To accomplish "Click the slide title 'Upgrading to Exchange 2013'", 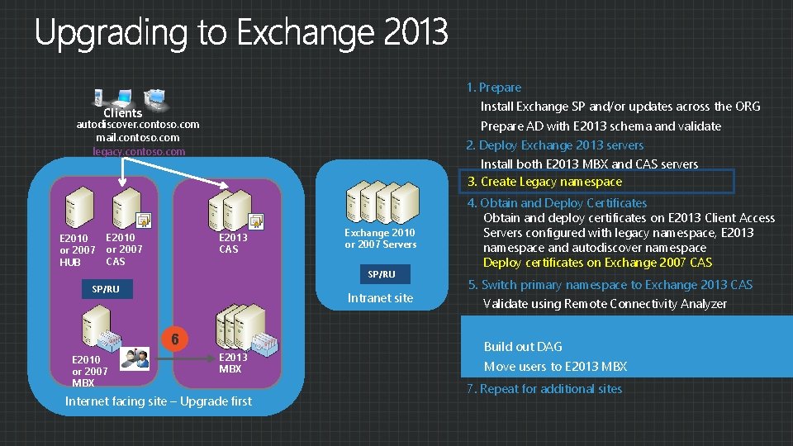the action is coord(241,33).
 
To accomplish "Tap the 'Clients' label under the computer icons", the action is coord(123,112).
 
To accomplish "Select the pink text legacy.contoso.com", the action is coord(139,151).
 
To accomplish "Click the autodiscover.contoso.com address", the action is coord(138,124).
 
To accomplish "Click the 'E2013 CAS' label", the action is coord(233,243).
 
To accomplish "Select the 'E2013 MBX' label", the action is coord(233,363).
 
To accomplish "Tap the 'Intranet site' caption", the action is coord(380,297).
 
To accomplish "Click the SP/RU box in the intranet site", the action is coord(381,273).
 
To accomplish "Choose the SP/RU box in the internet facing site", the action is coord(106,289).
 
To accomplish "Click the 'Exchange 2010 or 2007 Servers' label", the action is coord(380,239).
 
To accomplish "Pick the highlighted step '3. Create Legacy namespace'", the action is coord(545,182).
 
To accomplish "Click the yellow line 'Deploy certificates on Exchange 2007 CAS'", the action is coord(597,263).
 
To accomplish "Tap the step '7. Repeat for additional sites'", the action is coord(544,388).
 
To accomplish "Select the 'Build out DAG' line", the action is coord(522,347).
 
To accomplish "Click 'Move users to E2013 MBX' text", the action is coord(555,367).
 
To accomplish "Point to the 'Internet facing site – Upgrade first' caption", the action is coord(159,401).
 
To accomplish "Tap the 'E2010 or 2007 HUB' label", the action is coord(77,250).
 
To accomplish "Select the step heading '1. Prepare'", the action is coord(494,87).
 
